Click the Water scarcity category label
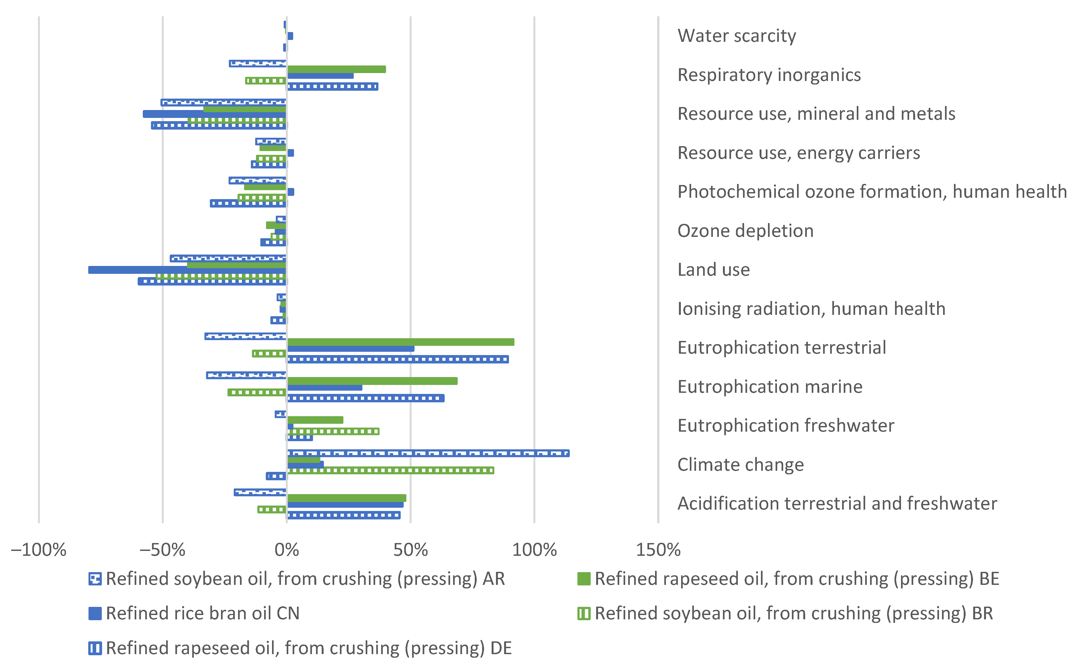pos(736,36)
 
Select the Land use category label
pos(713,269)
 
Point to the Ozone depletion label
pos(745,231)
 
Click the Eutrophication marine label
pos(769,387)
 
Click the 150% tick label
pos(658,550)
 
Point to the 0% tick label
pos(286,550)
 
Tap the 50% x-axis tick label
pos(410,550)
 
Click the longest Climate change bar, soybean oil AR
pos(428,453)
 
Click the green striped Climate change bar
pos(391,471)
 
